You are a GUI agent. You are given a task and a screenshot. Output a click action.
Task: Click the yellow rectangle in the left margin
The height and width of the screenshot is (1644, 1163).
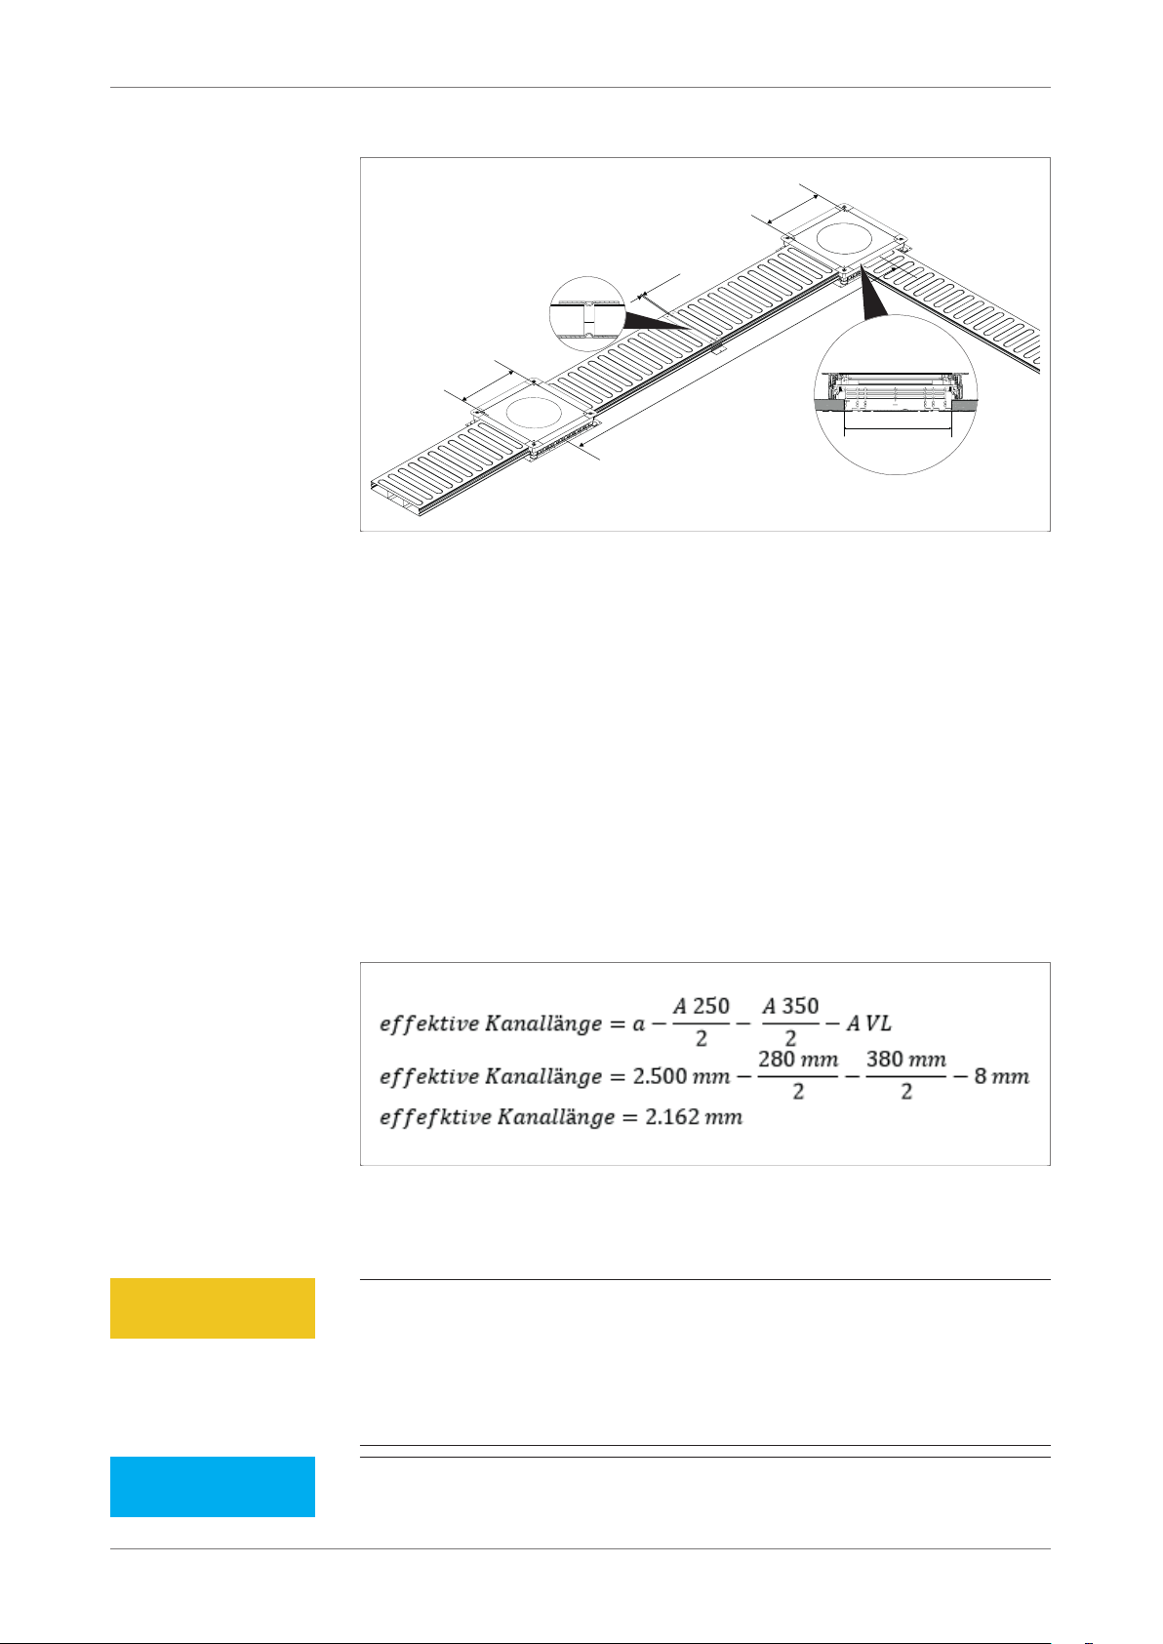pyautogui.click(x=213, y=1307)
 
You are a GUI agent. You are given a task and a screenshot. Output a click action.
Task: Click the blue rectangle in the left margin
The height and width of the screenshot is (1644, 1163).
pyautogui.click(x=213, y=1486)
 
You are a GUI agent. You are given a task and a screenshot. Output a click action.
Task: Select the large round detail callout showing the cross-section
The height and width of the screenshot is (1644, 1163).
pyautogui.click(x=896, y=394)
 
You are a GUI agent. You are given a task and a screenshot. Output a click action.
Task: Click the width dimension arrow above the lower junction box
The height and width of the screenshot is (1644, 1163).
pyautogui.click(x=488, y=386)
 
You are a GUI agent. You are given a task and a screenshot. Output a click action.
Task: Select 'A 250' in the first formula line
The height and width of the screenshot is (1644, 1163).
pyautogui.click(x=701, y=1006)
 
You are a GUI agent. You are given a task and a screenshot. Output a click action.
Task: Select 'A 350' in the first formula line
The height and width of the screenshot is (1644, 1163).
pyautogui.click(x=790, y=1006)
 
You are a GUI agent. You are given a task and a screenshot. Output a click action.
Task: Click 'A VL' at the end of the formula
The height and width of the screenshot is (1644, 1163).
pyautogui.click(x=868, y=1023)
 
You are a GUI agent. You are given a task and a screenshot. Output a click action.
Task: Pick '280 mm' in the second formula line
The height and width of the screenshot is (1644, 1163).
pyautogui.click(x=797, y=1060)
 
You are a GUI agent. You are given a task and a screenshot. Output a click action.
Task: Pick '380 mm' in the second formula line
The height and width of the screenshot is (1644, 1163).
pyautogui.click(x=906, y=1060)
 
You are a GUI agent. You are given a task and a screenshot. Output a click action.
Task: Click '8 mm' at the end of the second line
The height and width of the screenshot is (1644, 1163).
pyautogui.click(x=1002, y=1077)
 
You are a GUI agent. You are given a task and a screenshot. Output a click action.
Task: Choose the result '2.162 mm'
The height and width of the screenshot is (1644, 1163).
pyautogui.click(x=694, y=1117)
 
